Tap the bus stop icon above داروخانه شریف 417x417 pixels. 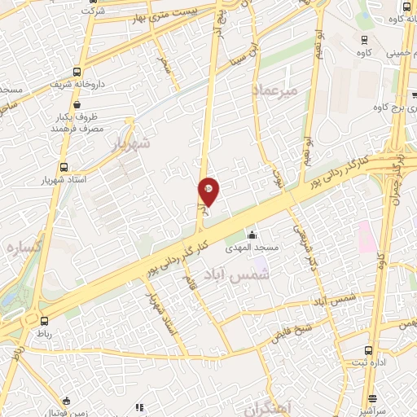click(77, 70)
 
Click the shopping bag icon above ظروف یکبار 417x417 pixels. click(77, 104)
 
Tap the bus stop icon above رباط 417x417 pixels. click(44, 321)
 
